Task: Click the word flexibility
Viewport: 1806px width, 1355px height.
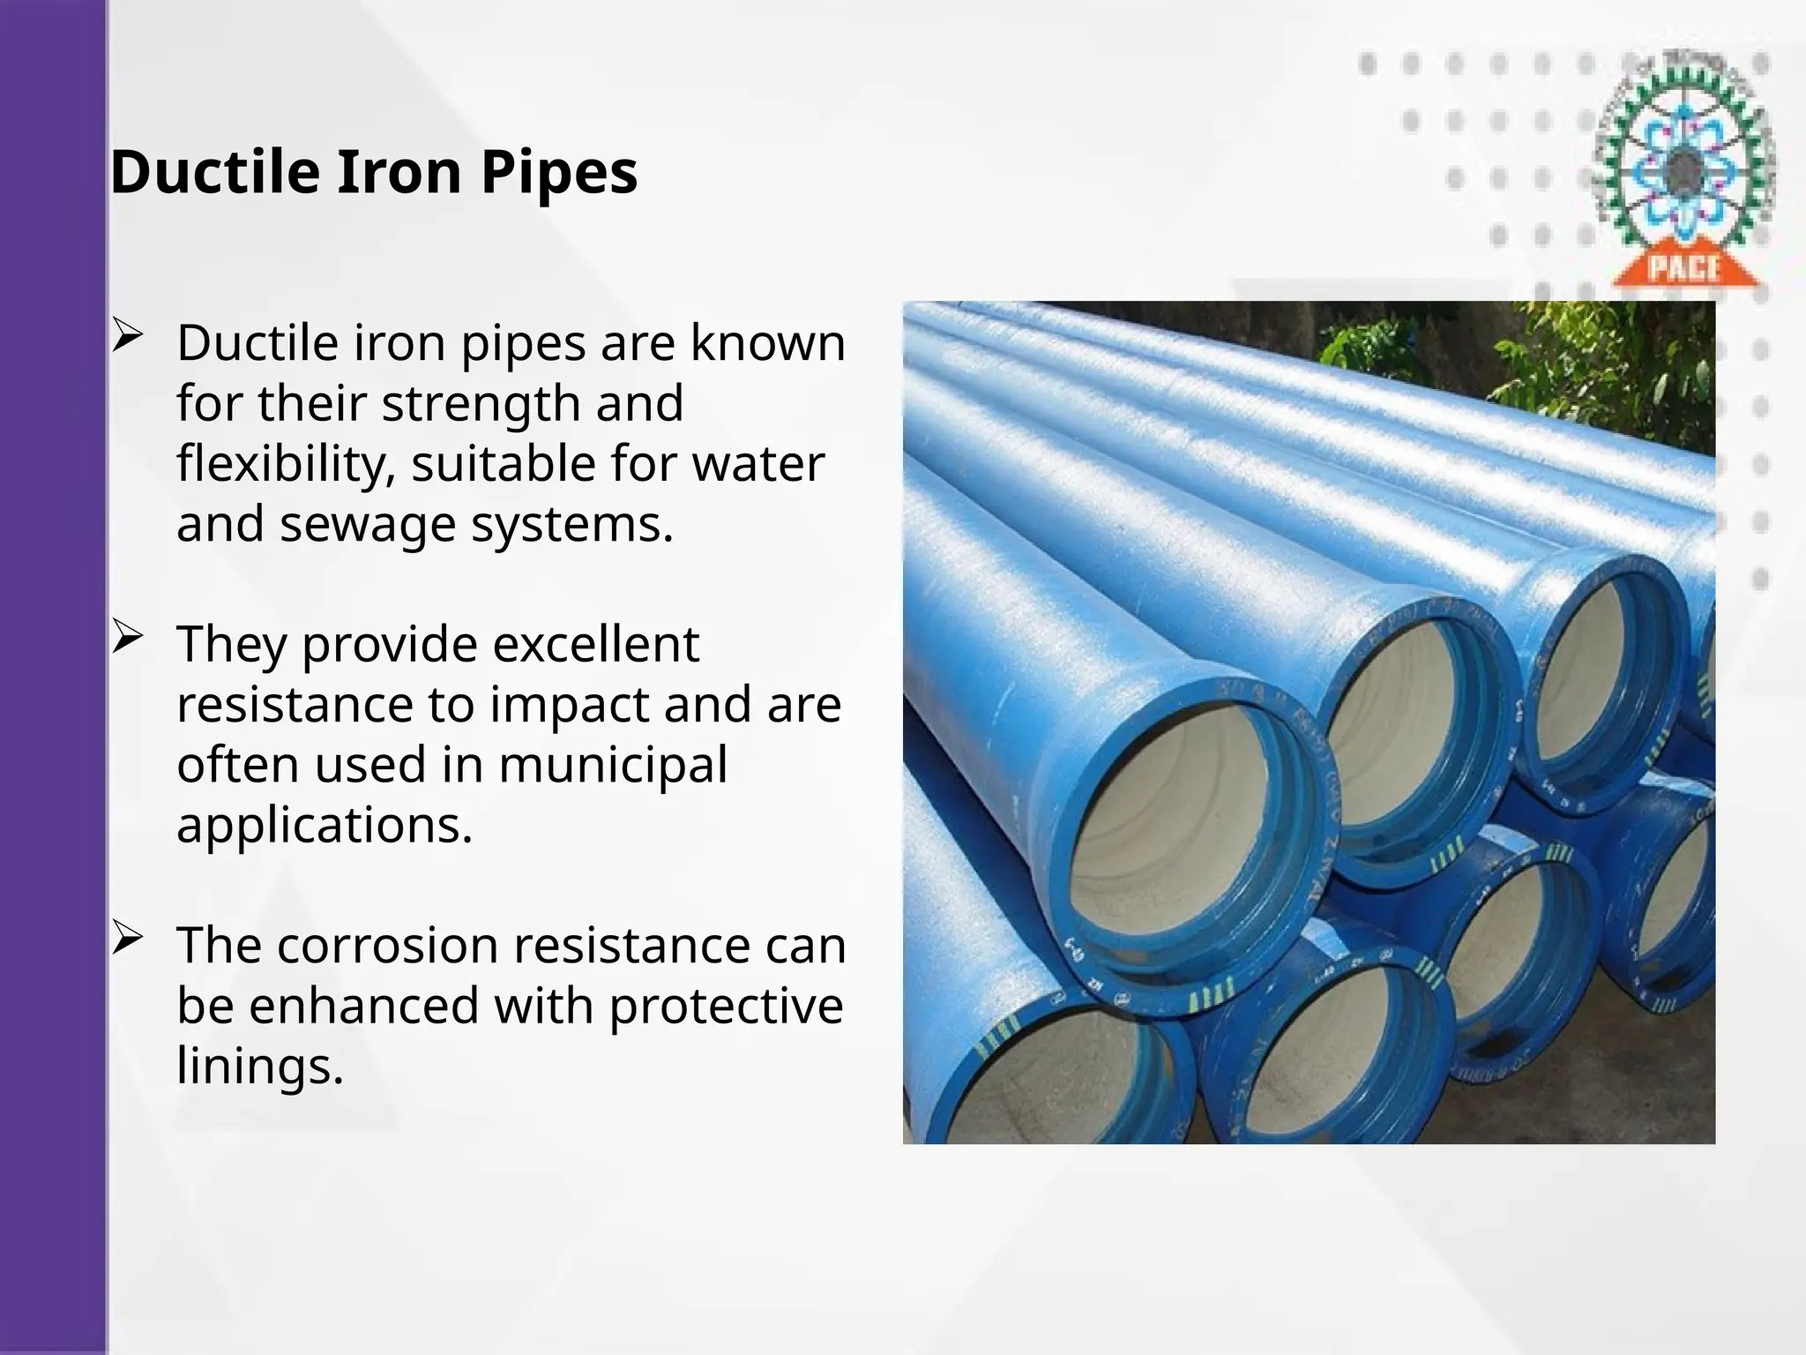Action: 285,464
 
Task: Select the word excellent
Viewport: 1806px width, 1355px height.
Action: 595,644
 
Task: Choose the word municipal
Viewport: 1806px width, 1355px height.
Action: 613,765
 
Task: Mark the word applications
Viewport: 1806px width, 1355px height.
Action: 325,826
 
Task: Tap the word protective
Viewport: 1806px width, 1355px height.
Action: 726,1006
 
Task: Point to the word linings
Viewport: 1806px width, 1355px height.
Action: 259,1066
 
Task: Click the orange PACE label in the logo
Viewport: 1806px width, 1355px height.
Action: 1684,266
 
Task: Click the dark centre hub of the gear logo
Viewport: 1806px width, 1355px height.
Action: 1685,165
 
